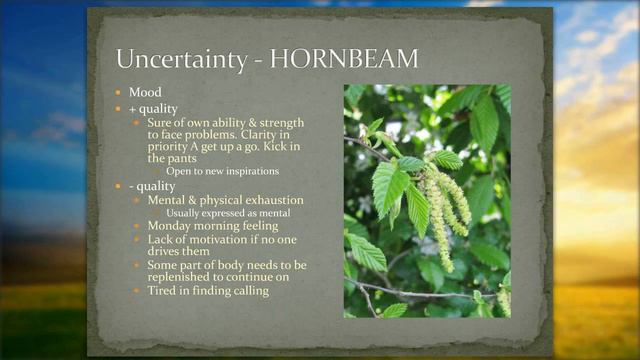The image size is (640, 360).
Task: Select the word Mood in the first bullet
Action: [145, 92]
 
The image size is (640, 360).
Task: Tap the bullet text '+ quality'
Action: [153, 108]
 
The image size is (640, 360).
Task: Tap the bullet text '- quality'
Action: [152, 185]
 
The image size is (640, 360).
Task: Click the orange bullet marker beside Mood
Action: [121, 92]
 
